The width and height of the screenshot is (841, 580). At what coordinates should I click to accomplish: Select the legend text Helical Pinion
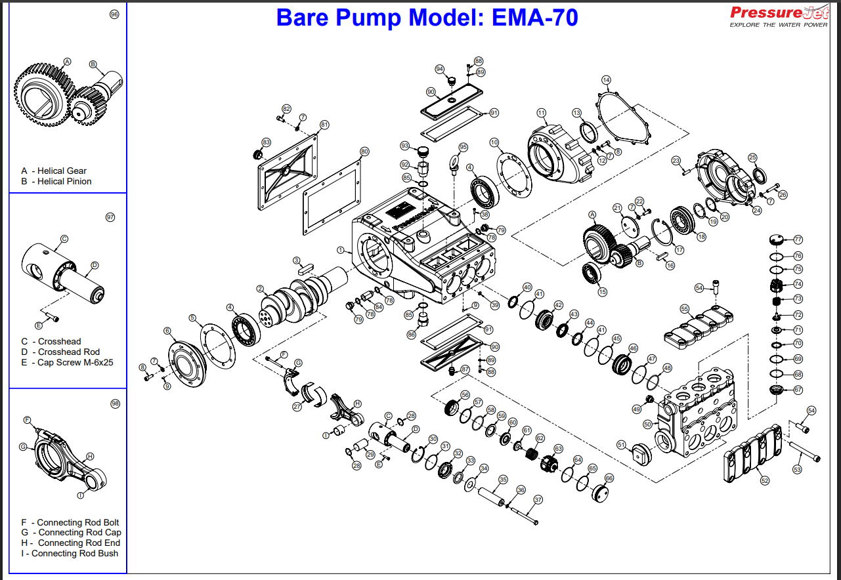(x=64, y=181)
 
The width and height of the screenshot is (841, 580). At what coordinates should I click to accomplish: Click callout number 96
(x=114, y=14)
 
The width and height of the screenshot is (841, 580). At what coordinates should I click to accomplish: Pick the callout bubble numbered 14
(x=606, y=80)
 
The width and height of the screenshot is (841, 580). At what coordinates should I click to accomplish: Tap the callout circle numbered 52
(x=765, y=481)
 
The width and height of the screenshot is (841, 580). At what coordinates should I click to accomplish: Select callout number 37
(x=538, y=500)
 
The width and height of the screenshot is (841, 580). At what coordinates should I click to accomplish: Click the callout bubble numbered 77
(x=798, y=239)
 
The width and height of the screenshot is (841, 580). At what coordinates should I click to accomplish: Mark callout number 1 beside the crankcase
(x=341, y=250)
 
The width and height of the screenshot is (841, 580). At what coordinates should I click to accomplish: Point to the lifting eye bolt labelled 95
(x=453, y=164)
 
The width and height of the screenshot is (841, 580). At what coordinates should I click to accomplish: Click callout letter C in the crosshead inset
(x=64, y=239)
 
